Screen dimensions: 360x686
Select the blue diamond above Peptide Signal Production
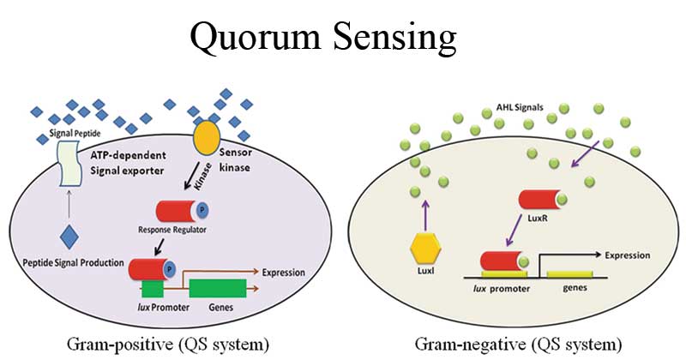click(x=69, y=237)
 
